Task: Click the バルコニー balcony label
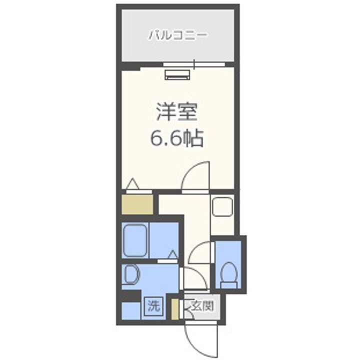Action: pos(177,35)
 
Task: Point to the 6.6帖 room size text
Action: pos(177,138)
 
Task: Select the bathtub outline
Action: pos(136,240)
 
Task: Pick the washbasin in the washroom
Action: pos(131,274)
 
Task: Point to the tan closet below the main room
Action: pos(137,204)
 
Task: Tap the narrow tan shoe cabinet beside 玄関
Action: pos(175,309)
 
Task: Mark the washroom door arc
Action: pos(192,278)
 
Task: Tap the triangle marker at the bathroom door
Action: pos(172,255)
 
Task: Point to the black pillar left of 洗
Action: pos(131,295)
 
